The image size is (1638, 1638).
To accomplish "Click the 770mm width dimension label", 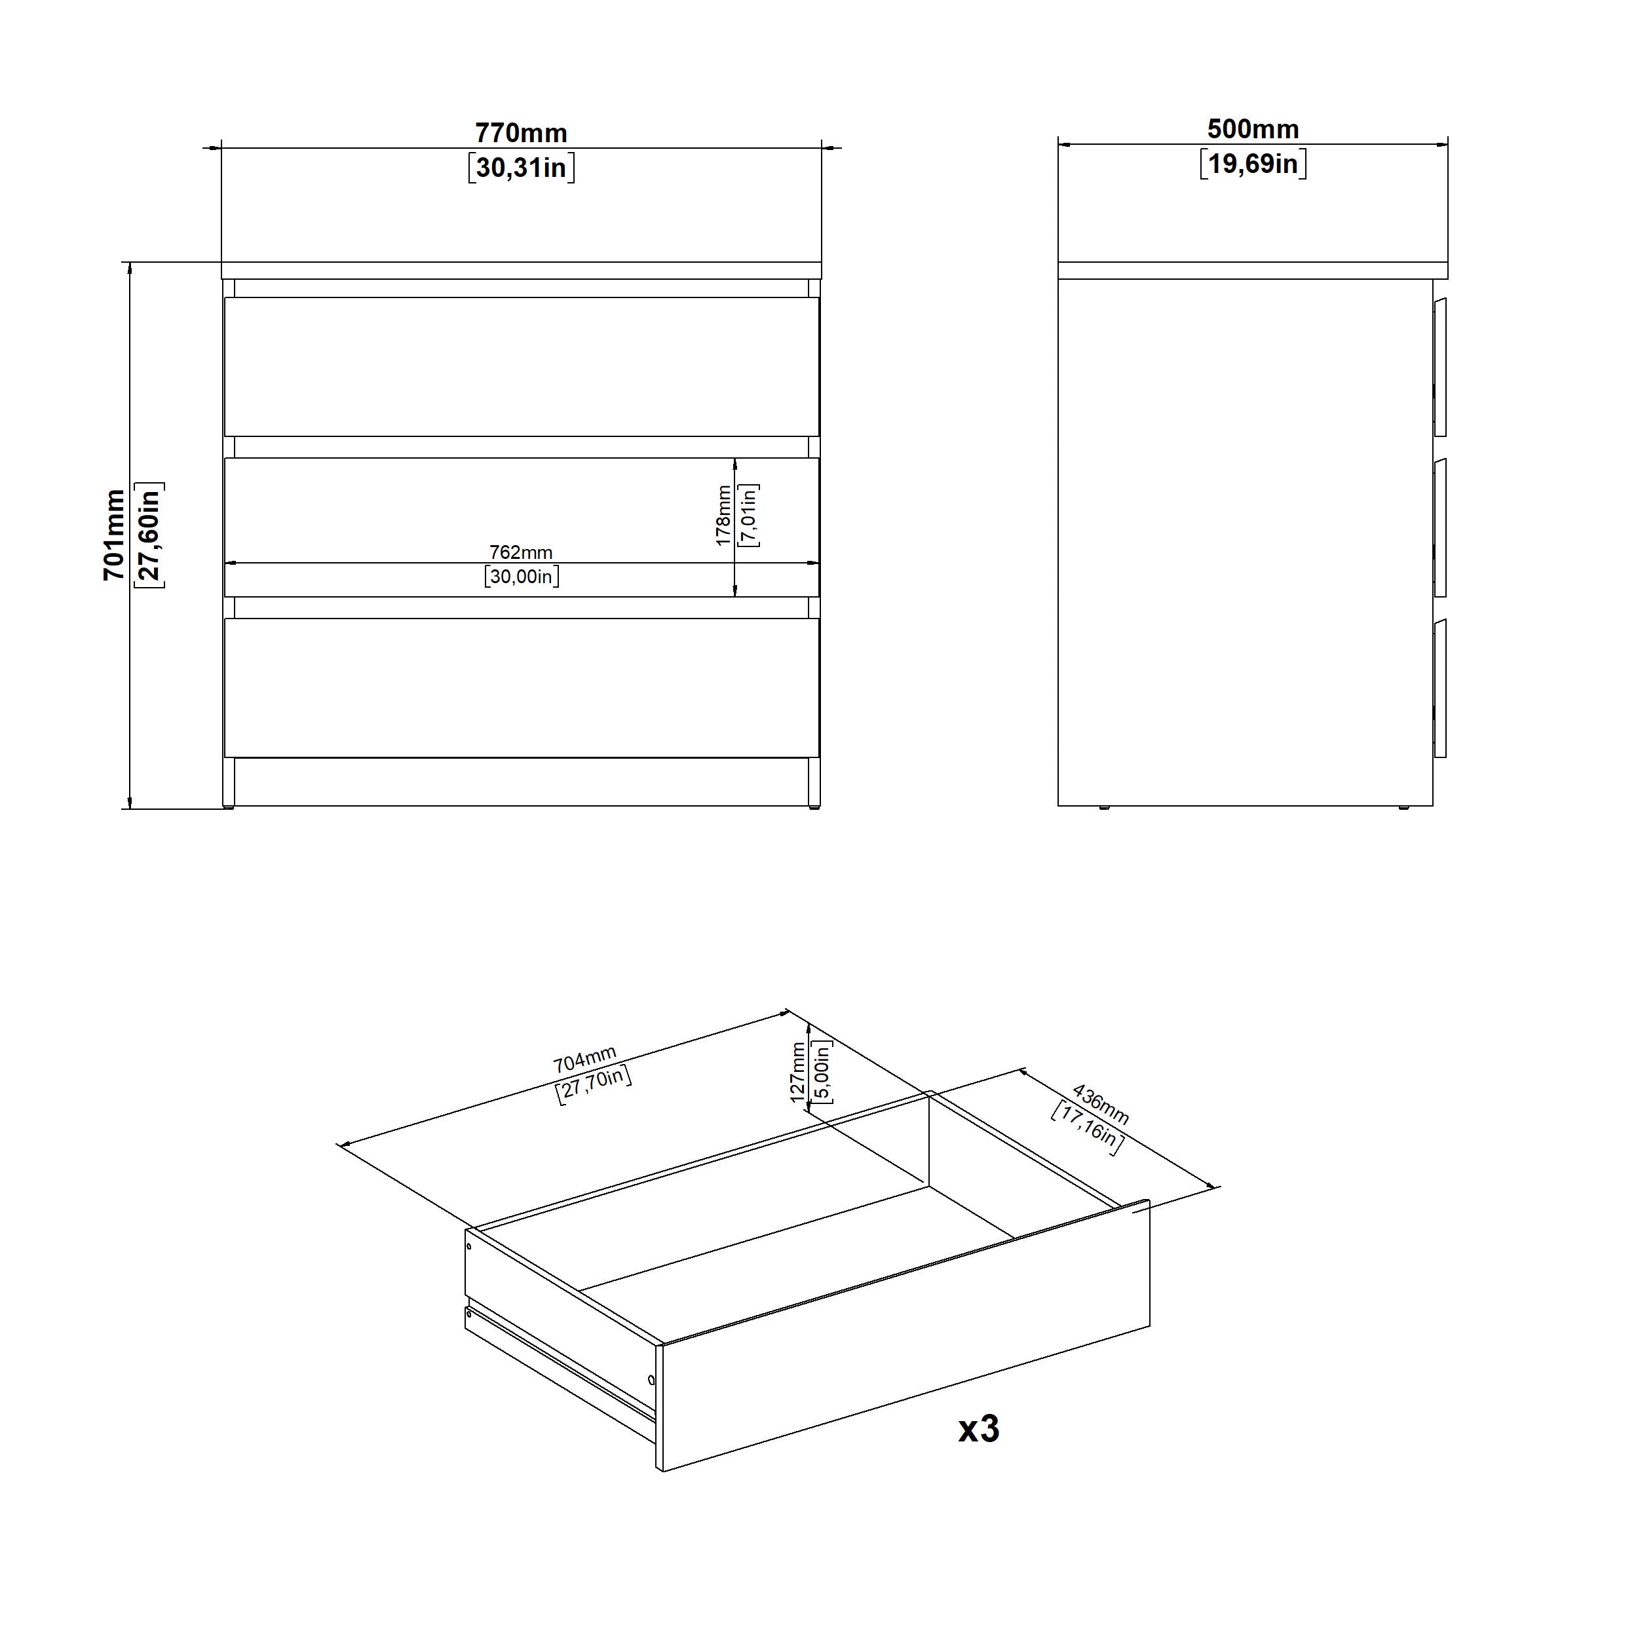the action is coord(521,133).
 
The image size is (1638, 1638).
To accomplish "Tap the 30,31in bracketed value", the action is coord(521,168).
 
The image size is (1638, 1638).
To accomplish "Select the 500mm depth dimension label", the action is coord(1253,129).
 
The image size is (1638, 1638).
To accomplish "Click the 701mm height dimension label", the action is coord(113,535).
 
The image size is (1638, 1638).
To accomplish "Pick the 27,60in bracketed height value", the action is coord(149,535).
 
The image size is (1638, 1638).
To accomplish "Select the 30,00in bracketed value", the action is coord(522,577).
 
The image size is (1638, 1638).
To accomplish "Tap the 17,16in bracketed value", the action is coord(1088,1128).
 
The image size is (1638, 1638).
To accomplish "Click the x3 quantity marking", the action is coord(980,1428).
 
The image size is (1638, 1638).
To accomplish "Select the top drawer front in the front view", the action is coord(522,366).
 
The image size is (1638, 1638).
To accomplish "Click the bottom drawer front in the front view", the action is coord(522,687).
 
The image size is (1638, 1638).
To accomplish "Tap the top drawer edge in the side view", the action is coord(1439,366).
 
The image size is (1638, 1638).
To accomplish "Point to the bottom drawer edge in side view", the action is coord(1439,687).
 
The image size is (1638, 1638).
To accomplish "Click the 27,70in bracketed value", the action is coord(594,1085).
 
